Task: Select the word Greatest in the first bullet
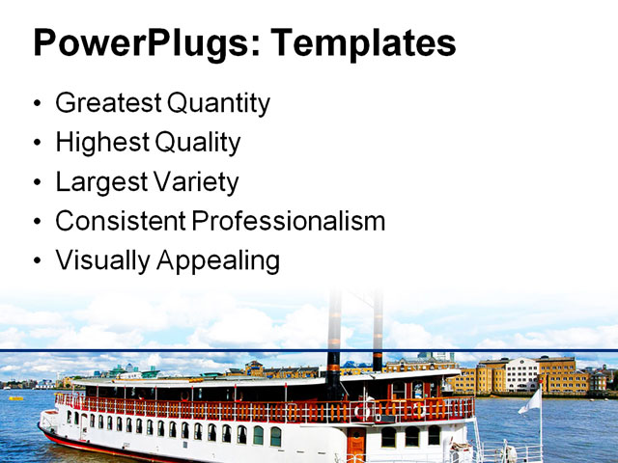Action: point(108,103)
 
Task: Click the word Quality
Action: point(199,143)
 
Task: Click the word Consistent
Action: point(120,221)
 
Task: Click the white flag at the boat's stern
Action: point(530,402)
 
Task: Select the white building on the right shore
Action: point(521,373)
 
